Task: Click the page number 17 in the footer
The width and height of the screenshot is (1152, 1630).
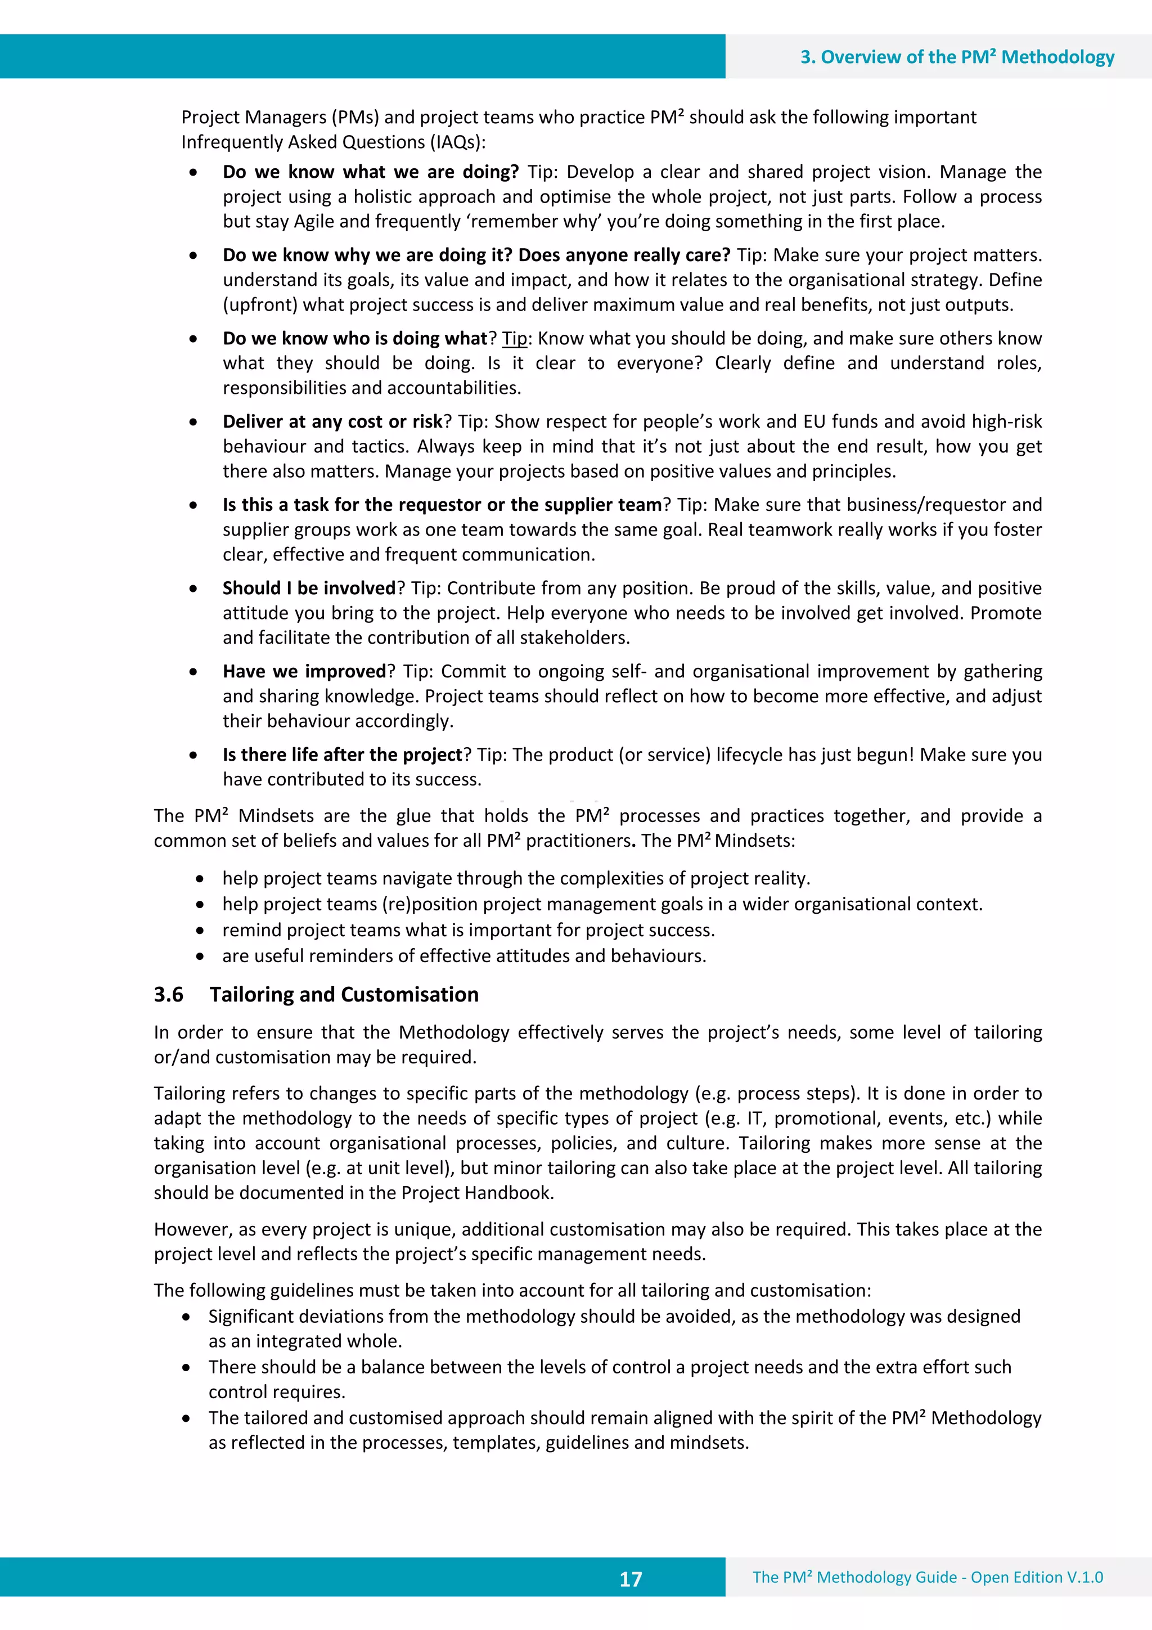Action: [x=631, y=1579]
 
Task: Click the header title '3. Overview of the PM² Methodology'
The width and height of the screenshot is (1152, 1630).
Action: [x=957, y=57]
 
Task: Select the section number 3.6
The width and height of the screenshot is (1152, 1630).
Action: [x=169, y=995]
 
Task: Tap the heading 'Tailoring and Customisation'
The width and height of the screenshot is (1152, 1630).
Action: [x=344, y=995]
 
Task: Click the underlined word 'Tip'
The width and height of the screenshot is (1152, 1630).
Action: [x=515, y=339]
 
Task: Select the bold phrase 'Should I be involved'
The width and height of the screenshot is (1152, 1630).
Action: [x=309, y=589]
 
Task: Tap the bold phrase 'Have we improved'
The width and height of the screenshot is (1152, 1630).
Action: [x=304, y=672]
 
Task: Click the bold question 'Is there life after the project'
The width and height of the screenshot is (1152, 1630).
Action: [x=342, y=755]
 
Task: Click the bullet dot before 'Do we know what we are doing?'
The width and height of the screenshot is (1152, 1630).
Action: [x=193, y=173]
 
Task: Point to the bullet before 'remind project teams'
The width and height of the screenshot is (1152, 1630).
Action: [x=200, y=931]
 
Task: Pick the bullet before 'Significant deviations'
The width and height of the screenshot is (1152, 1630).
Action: [x=186, y=1317]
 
